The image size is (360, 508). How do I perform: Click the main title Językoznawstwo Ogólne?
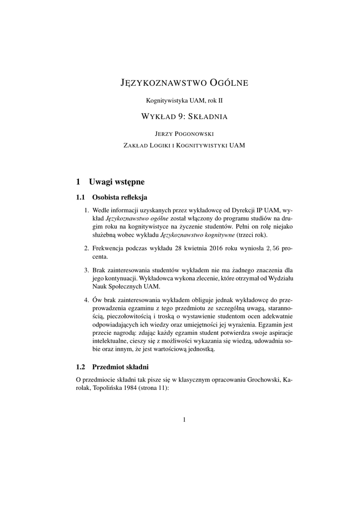coord(184,82)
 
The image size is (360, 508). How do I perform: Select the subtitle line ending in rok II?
coord(184,100)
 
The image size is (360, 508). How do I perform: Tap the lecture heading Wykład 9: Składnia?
coord(184,118)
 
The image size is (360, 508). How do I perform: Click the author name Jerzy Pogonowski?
coord(184,133)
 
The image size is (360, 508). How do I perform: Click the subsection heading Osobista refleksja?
coord(119,197)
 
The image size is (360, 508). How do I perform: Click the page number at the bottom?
coord(184,420)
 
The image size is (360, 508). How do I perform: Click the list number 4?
coord(86,300)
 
